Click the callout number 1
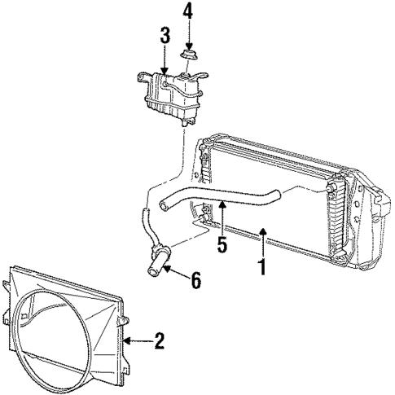pos(262,266)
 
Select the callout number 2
pos(160,341)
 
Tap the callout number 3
pos(165,35)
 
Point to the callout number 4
pos(188,12)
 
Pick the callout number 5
pos(222,244)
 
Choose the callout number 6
pos(196,281)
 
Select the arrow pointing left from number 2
pos(134,341)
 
